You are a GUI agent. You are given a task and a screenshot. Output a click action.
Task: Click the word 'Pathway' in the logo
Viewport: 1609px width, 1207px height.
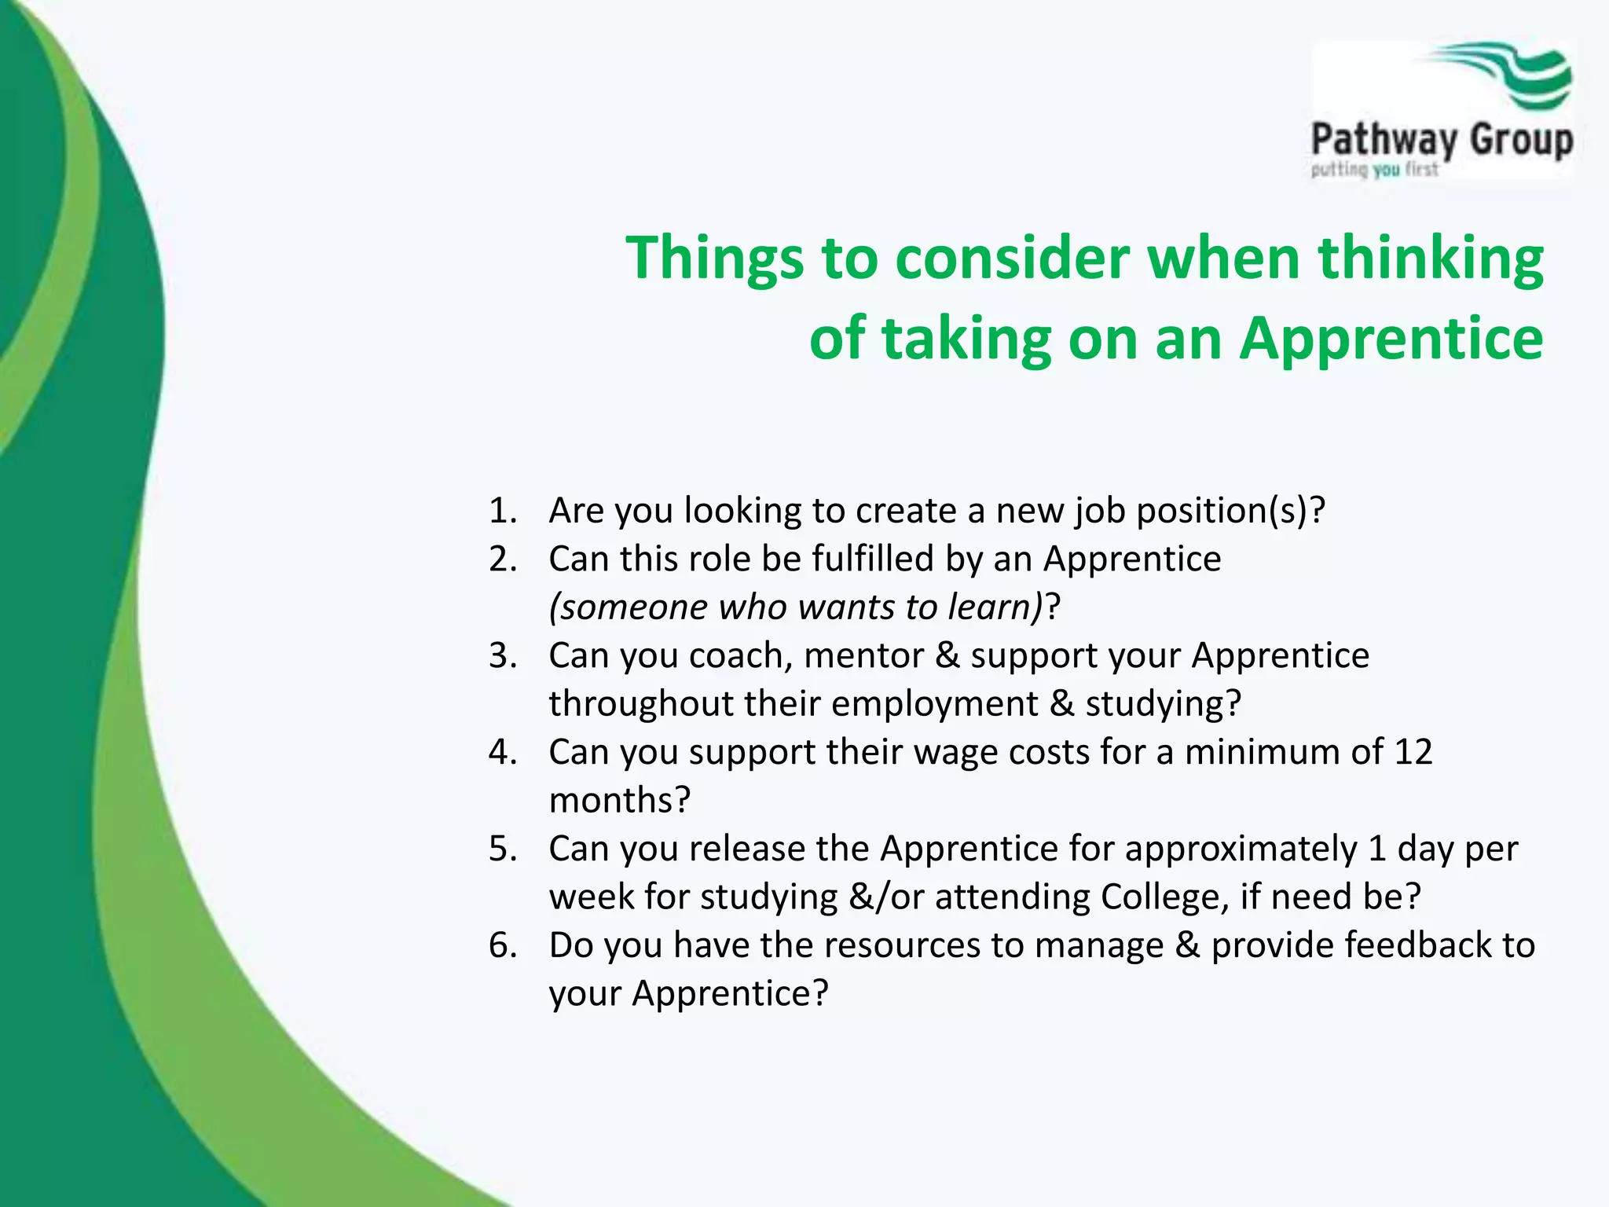pyautogui.click(x=1384, y=141)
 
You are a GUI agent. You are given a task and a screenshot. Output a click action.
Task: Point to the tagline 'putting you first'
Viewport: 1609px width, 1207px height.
pyautogui.click(x=1374, y=170)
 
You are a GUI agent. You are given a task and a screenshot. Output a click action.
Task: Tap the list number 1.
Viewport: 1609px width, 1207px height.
pyautogui.click(x=501, y=511)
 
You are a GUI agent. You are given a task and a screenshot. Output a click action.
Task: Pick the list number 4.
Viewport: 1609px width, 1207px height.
pyautogui.click(x=502, y=752)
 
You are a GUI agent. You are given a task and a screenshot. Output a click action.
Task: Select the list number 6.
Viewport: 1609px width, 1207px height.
pyautogui.click(x=502, y=945)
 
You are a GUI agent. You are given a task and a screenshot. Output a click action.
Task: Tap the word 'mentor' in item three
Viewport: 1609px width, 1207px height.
pyautogui.click(x=863, y=656)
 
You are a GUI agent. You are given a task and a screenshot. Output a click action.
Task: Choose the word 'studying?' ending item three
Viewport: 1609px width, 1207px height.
pyautogui.click(x=1163, y=705)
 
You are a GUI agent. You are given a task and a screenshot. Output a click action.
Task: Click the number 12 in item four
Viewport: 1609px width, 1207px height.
pyautogui.click(x=1413, y=752)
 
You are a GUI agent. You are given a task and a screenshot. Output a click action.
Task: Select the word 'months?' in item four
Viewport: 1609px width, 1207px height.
pyautogui.click(x=619, y=801)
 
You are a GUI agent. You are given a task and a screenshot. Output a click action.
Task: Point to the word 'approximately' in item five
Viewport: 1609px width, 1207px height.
pyautogui.click(x=1241, y=850)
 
